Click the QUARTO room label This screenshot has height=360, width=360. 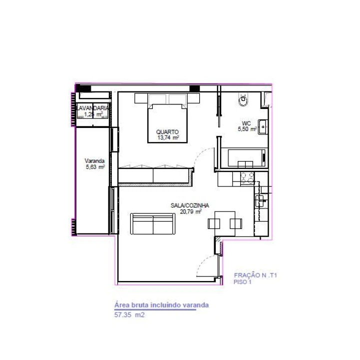click(x=167, y=132)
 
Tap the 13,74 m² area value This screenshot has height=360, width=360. click(x=168, y=138)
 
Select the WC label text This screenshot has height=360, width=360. click(x=246, y=122)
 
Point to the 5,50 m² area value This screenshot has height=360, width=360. click(x=247, y=129)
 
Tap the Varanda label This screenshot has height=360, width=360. click(x=94, y=161)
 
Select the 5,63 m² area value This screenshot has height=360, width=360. click(x=95, y=167)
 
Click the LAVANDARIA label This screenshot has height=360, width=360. click(x=92, y=107)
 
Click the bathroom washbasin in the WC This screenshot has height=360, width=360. click(x=262, y=126)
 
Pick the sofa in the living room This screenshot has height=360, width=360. click(x=153, y=223)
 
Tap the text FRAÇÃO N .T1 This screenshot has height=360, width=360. click(x=255, y=275)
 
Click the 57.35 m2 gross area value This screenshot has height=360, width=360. click(x=129, y=315)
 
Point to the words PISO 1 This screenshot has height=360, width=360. click(x=243, y=282)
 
